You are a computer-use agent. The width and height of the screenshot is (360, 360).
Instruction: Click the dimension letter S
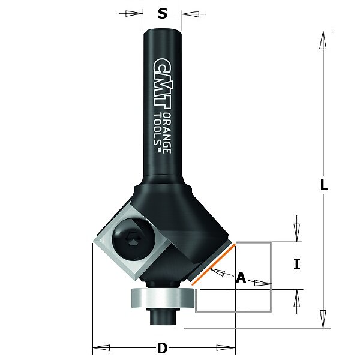tap(163, 14)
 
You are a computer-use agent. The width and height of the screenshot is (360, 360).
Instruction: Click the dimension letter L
tap(324, 184)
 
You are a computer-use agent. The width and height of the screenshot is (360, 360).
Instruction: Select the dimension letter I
tap(297, 264)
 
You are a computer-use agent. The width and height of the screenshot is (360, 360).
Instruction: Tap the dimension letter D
tap(163, 348)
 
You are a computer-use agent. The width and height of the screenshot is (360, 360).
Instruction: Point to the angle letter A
tap(241, 277)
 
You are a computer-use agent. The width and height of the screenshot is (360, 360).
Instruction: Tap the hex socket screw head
tap(133, 239)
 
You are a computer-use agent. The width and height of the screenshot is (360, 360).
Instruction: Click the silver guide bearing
tap(163, 298)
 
